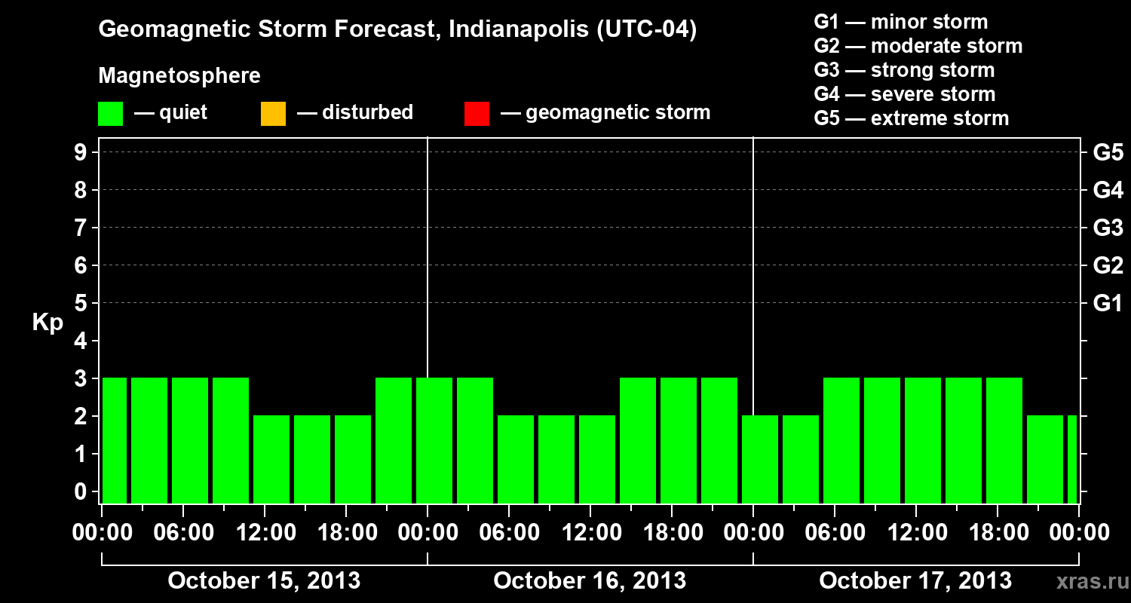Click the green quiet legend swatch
(x=110, y=113)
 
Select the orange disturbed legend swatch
(x=273, y=113)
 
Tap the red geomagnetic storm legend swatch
(x=477, y=113)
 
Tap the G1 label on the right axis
(x=1108, y=303)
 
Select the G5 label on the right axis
(x=1108, y=152)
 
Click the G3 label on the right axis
(x=1108, y=228)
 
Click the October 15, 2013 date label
(x=264, y=580)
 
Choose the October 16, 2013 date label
(x=590, y=580)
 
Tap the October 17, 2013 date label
(x=915, y=580)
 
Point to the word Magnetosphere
(x=179, y=76)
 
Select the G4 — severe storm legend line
(x=905, y=94)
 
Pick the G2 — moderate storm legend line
(x=918, y=46)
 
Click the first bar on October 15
(x=115, y=440)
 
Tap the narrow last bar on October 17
(x=1072, y=459)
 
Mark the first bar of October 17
(x=760, y=459)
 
